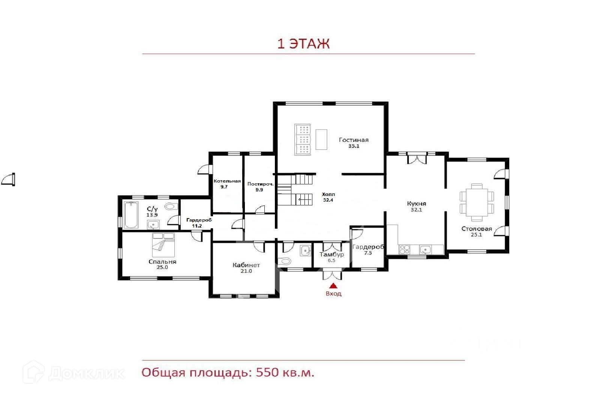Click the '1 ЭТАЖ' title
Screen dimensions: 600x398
(303, 44)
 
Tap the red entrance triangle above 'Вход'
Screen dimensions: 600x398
(333, 286)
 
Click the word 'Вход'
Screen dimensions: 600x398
(333, 293)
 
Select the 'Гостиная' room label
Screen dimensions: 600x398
(354, 140)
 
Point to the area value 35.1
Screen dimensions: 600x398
(354, 146)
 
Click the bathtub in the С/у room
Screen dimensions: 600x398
(131, 215)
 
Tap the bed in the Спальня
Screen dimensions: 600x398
(163, 245)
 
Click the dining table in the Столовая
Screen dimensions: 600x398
(477, 202)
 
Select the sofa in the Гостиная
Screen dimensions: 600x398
(302, 139)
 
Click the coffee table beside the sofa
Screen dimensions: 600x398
(321, 139)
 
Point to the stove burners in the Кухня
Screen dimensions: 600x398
(405, 249)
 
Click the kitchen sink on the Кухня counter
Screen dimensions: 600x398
(425, 250)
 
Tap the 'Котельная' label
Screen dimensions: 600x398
(227, 181)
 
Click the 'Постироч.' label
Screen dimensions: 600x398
(260, 184)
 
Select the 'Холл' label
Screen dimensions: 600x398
(328, 194)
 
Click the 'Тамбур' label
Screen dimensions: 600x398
(331, 254)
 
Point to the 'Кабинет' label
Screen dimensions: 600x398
(246, 265)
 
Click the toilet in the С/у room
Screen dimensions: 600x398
(171, 206)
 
